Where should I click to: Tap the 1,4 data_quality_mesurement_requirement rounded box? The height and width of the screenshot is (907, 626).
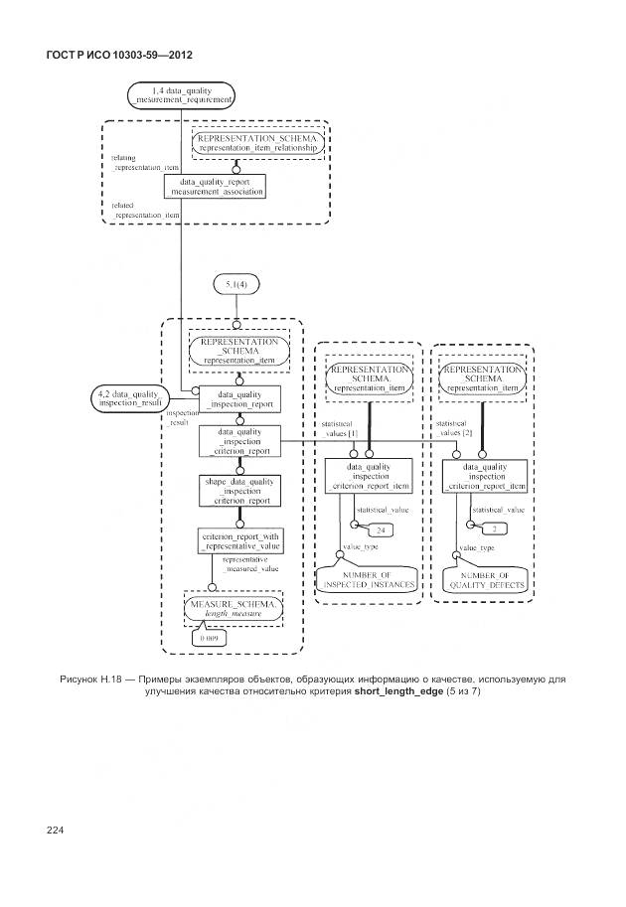coord(181,95)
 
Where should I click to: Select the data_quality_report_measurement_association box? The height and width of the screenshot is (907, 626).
coord(215,187)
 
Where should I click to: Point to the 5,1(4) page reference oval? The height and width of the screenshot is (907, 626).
coord(235,285)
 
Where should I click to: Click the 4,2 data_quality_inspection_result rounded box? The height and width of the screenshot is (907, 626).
coord(126,396)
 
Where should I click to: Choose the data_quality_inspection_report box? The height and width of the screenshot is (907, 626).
coord(239,398)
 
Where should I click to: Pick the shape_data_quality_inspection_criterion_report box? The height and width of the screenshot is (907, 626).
coord(239,491)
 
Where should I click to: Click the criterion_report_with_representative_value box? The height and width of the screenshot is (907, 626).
coord(239,541)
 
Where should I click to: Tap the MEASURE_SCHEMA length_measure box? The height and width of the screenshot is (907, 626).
coord(235,609)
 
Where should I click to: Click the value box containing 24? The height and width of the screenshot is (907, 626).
coord(380,532)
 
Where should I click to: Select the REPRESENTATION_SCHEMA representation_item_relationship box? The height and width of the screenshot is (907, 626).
coord(257,144)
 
